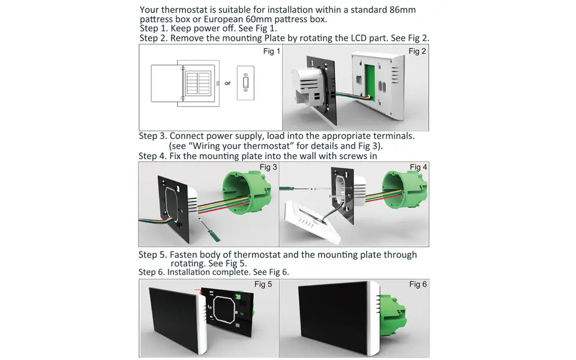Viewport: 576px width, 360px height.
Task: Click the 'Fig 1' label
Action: (272, 52)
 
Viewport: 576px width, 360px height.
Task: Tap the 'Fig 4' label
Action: (418, 167)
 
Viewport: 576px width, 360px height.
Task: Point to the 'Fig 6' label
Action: (418, 284)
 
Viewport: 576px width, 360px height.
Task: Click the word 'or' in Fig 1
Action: (227, 83)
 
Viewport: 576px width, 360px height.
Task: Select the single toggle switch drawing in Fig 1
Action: (245, 83)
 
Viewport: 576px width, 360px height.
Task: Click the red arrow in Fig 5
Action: (198, 291)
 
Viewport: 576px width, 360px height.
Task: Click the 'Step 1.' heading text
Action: (154, 29)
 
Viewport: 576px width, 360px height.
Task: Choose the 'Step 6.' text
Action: (152, 272)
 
